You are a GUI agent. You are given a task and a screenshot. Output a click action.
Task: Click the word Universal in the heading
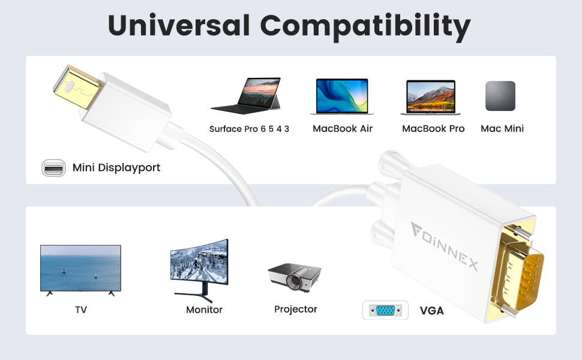pyautogui.click(x=179, y=25)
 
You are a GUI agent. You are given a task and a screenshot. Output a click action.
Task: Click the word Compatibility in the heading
pyautogui.click(x=365, y=27)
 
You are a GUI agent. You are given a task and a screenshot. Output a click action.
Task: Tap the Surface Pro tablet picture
pyautogui.click(x=246, y=95)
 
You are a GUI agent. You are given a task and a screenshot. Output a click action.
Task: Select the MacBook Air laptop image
pyautogui.click(x=342, y=96)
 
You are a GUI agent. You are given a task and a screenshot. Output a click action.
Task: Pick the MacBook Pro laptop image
pyautogui.click(x=431, y=97)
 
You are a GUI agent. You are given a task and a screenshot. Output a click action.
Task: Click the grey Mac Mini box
pyautogui.click(x=500, y=96)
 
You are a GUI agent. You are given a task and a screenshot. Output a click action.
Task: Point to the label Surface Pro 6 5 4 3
pyautogui.click(x=249, y=129)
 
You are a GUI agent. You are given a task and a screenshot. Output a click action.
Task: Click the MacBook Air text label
pyautogui.click(x=343, y=128)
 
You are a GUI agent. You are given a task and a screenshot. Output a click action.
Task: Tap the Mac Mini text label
pyautogui.click(x=502, y=128)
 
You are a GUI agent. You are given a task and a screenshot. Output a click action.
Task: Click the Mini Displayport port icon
pyautogui.click(x=53, y=168)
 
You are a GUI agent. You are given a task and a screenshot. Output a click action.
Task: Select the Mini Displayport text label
pyautogui.click(x=116, y=168)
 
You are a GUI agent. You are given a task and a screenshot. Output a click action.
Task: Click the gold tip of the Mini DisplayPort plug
pyautogui.click(x=76, y=87)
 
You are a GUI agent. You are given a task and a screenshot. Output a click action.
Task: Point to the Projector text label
pyautogui.click(x=295, y=309)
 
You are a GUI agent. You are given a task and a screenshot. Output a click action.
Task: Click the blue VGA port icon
pyautogui.click(x=385, y=310)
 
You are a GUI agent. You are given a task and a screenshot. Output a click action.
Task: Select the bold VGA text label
pyautogui.click(x=431, y=311)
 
